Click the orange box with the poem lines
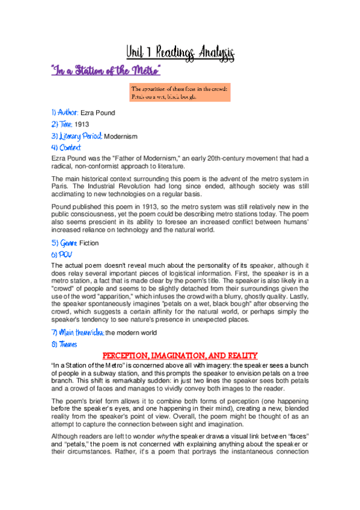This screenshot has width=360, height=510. [x=179, y=93]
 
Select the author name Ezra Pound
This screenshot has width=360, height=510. [x=97, y=112]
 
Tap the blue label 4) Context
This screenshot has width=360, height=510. [x=66, y=148]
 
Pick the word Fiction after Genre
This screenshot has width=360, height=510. [x=89, y=243]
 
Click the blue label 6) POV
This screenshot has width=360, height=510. [x=61, y=254]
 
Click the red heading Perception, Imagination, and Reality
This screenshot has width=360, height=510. [x=180, y=355]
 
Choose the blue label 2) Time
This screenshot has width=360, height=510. [x=62, y=124]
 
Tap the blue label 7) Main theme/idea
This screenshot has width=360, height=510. [x=78, y=333]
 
